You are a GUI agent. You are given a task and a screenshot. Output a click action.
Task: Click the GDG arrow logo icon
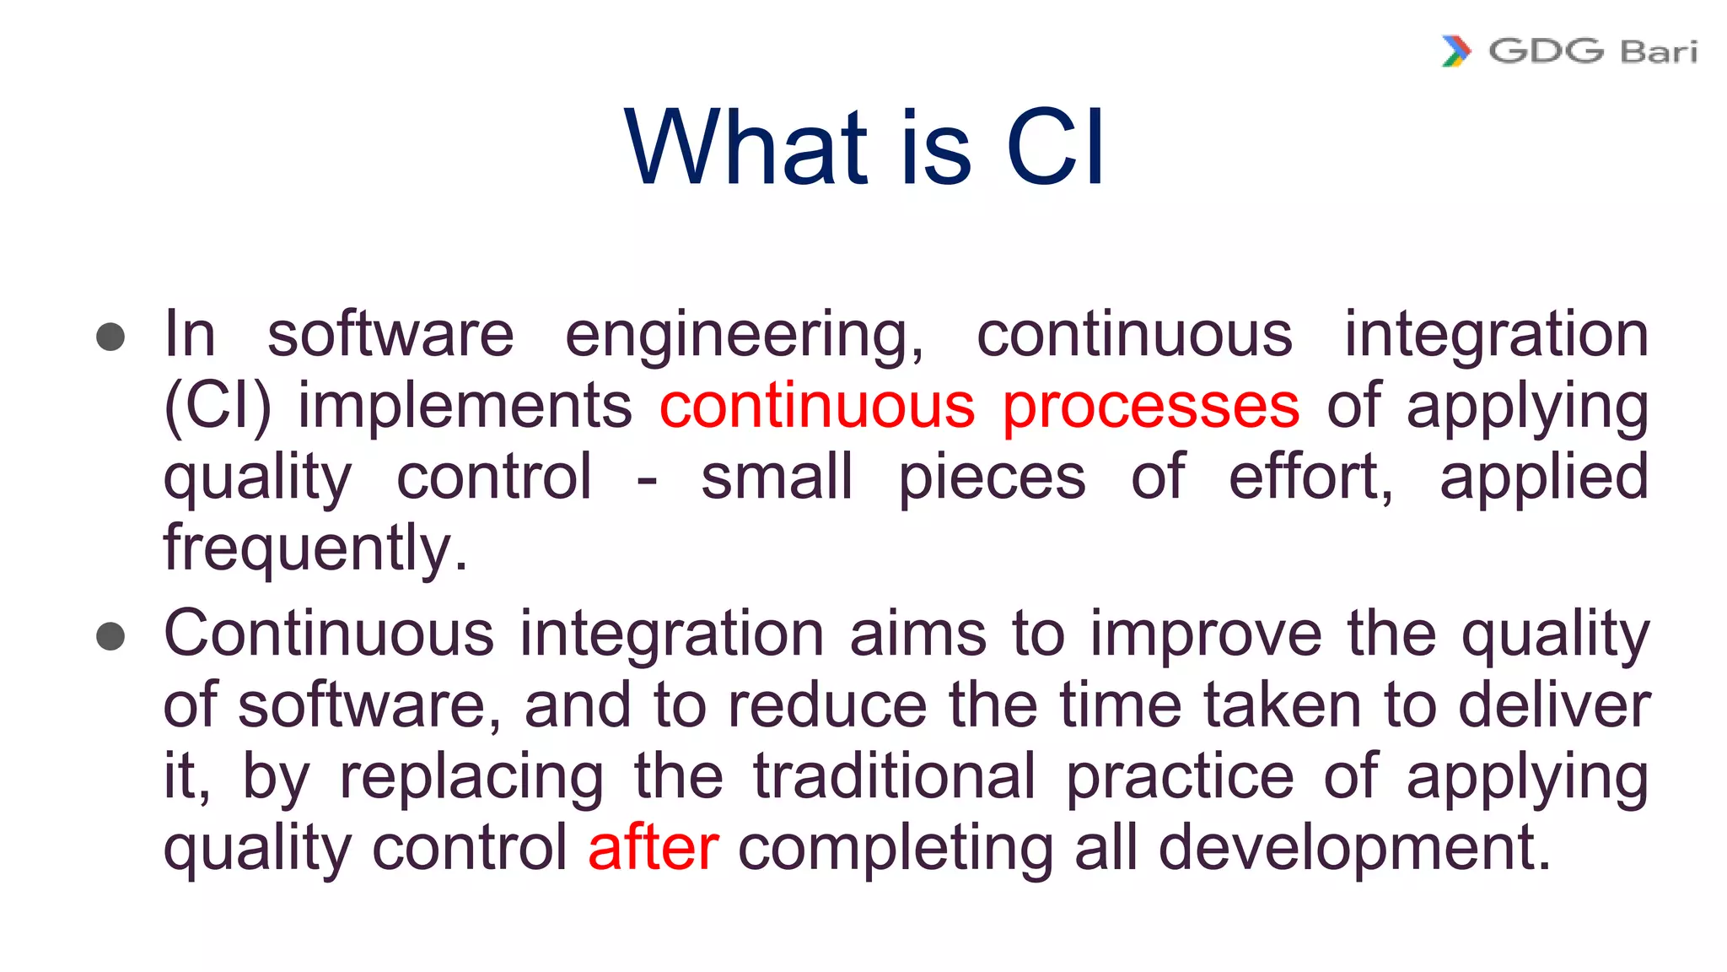click(x=1456, y=51)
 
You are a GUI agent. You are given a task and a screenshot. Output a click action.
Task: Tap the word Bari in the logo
click(x=1659, y=52)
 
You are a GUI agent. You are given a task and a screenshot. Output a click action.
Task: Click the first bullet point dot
click(x=110, y=337)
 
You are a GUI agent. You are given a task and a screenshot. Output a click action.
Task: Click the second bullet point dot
click(x=110, y=636)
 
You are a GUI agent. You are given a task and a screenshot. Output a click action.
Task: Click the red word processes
click(x=1151, y=407)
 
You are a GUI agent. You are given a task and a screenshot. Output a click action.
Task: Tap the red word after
click(x=654, y=848)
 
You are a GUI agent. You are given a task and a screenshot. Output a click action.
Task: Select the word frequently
click(x=315, y=548)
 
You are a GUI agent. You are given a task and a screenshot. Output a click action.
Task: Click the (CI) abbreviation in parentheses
click(x=218, y=407)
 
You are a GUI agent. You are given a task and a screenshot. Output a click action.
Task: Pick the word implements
click(x=465, y=407)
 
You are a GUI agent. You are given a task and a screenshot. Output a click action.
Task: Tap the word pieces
click(x=992, y=478)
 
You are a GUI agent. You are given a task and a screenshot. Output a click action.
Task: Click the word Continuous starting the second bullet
click(x=329, y=634)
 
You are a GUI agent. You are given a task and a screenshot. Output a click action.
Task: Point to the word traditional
click(x=894, y=777)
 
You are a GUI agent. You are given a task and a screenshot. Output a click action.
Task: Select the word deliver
click(x=1554, y=705)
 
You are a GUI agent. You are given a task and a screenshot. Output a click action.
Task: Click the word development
click(x=1354, y=848)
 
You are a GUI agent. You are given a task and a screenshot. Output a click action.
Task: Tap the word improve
click(x=1206, y=634)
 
